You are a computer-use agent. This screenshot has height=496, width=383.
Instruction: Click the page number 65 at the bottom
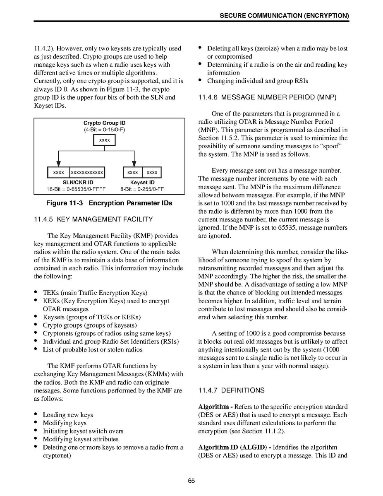click(x=191, y=481)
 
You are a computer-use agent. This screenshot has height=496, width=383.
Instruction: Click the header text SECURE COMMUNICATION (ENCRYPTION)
click(x=284, y=16)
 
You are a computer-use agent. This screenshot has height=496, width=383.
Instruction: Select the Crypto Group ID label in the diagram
click(x=104, y=123)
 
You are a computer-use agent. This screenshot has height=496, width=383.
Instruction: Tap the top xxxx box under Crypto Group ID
click(x=104, y=140)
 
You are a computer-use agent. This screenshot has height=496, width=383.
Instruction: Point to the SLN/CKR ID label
click(x=78, y=183)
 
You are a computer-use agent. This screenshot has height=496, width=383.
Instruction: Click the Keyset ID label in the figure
click(x=142, y=183)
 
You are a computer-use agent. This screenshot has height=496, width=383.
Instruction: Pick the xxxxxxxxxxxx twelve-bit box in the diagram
click(x=87, y=172)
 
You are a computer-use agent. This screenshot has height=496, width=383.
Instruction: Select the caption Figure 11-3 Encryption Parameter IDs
click(x=109, y=203)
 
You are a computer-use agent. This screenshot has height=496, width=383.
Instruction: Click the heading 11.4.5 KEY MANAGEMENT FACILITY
click(x=93, y=219)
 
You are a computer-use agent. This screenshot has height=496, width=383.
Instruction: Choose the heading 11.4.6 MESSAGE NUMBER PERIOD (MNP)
click(x=267, y=98)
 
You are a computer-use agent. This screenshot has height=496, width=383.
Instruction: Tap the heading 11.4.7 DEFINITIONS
click(x=231, y=390)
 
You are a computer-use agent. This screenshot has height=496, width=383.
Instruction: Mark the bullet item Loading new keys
click(x=68, y=415)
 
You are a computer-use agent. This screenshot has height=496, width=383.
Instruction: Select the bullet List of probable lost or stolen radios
click(x=93, y=349)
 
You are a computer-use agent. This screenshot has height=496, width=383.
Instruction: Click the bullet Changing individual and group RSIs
click(x=257, y=81)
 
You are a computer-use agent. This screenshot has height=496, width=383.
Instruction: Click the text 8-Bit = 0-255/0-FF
click(x=142, y=189)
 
